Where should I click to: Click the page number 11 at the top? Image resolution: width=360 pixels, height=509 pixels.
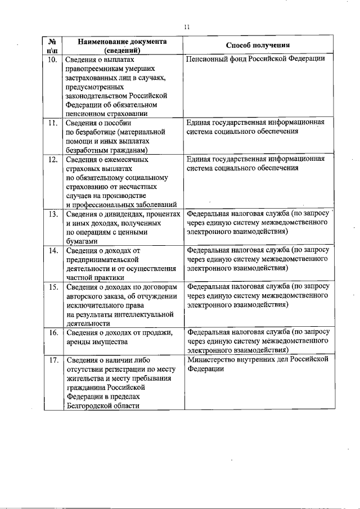(x=187, y=25)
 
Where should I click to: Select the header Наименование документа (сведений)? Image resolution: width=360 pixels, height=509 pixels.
(x=122, y=46)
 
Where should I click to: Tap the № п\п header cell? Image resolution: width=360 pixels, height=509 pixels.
(x=52, y=46)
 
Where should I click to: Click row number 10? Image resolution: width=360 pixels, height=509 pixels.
(x=52, y=58)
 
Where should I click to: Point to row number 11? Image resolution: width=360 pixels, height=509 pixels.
(x=52, y=122)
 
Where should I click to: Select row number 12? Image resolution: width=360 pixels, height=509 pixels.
(x=52, y=159)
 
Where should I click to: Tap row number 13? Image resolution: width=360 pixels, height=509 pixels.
(x=52, y=214)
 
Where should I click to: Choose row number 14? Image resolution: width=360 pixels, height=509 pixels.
(x=52, y=250)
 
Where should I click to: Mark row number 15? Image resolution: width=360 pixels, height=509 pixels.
(x=52, y=287)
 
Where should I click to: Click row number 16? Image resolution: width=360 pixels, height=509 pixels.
(x=52, y=332)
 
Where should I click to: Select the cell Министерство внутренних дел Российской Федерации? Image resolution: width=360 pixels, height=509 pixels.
(x=257, y=364)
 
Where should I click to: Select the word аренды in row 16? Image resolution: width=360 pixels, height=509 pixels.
(x=78, y=341)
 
